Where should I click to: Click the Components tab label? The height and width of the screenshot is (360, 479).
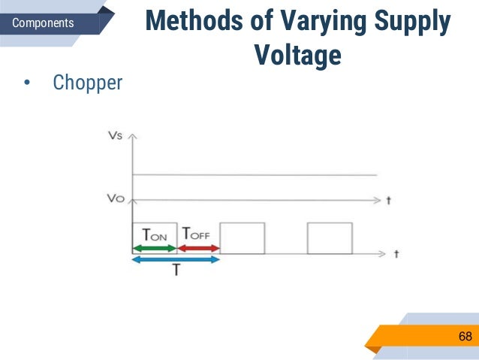pos(44,23)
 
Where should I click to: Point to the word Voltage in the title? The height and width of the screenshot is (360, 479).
pos(297,55)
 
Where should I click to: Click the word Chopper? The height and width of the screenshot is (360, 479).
pos(87,82)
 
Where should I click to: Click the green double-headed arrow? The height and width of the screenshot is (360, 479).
pos(154,247)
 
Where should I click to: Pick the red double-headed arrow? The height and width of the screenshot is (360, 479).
pos(197,247)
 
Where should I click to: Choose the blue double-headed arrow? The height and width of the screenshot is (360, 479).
pos(175,259)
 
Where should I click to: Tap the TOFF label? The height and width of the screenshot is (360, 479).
pos(197,234)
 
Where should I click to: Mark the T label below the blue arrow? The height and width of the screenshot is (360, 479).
pos(176,271)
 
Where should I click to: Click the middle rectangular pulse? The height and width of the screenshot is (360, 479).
pos(242,237)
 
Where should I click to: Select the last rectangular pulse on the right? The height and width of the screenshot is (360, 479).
pos(330,237)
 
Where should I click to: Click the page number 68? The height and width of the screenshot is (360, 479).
pos(465,337)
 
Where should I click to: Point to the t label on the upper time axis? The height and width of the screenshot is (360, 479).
pos(388,201)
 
